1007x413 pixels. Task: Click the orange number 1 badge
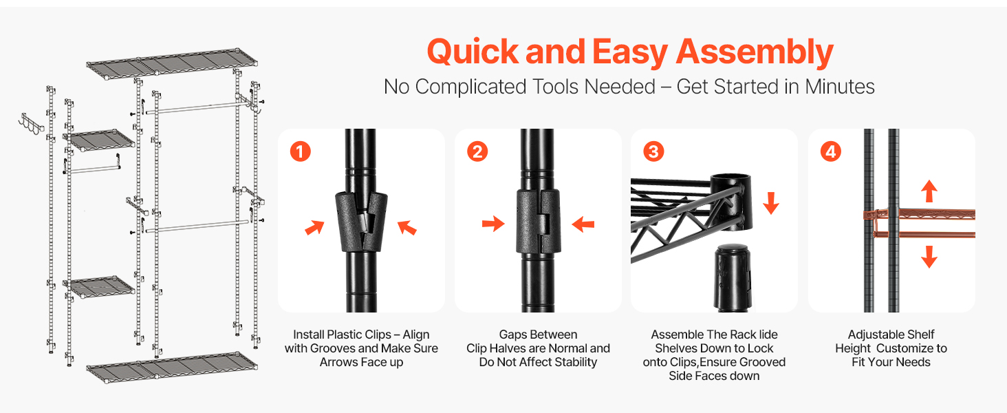tap(301, 151)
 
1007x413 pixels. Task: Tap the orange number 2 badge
tap(477, 151)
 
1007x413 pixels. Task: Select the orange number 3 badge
tap(653, 151)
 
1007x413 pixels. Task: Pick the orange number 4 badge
tap(831, 151)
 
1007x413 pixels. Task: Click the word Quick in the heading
tap(473, 52)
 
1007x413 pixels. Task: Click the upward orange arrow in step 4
tap(929, 191)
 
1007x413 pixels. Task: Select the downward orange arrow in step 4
tap(929, 257)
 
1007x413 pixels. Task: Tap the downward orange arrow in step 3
tap(771, 203)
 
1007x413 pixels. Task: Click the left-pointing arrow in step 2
tap(583, 224)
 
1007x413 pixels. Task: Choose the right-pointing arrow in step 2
tap(493, 224)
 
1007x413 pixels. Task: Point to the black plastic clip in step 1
tap(361, 222)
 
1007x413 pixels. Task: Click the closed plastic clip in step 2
tap(538, 222)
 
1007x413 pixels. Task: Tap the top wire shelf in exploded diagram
tap(172, 64)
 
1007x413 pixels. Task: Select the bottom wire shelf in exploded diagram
tap(172, 367)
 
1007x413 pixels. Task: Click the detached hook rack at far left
tap(31, 124)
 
